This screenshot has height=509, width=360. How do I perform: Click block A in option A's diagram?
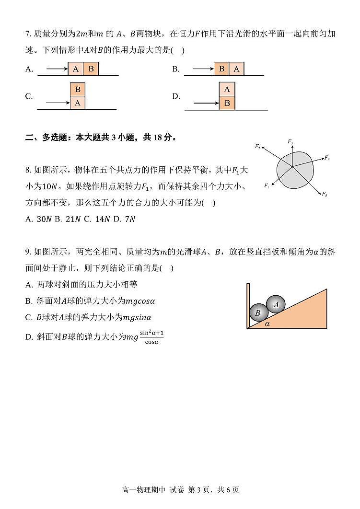pos(76,69)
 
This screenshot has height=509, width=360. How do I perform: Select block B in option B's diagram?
pos(221,69)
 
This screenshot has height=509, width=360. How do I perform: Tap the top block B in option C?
pos(78,90)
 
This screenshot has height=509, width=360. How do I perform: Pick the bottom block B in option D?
pos(227,103)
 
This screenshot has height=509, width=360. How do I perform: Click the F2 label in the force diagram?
pos(257,147)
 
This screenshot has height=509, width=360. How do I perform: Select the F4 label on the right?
pos(327,158)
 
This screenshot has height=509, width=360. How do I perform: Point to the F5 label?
pos(325,194)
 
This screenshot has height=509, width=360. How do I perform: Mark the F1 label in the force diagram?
pos(267,185)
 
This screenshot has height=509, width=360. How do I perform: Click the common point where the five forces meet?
pos(291,166)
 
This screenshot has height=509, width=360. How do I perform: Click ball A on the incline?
pos(276,304)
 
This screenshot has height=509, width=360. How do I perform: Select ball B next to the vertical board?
pos(258,313)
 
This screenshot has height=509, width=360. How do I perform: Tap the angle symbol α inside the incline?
pos(267,324)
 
